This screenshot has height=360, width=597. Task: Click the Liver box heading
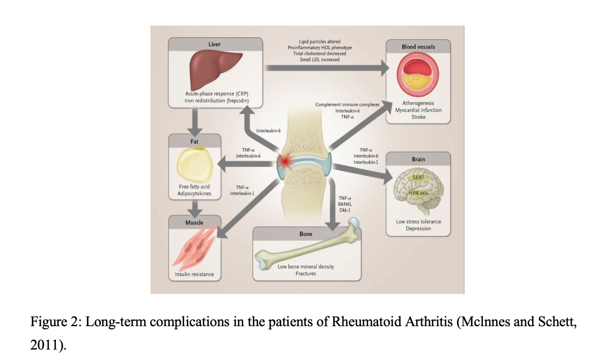pyautogui.click(x=214, y=44)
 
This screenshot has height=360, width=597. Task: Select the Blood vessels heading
pyautogui.click(x=418, y=47)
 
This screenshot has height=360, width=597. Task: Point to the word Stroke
pyautogui.click(x=418, y=117)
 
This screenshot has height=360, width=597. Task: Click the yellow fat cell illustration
pyautogui.click(x=194, y=165)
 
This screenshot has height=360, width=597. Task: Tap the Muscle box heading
pyautogui.click(x=194, y=223)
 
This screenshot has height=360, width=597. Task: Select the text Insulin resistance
pyautogui.click(x=194, y=274)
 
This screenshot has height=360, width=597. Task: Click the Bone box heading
pyautogui.click(x=306, y=234)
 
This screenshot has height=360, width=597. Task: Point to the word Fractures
pyautogui.click(x=306, y=274)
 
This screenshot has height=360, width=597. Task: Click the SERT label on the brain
pyautogui.click(x=418, y=177)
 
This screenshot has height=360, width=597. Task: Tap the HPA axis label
pyautogui.click(x=418, y=193)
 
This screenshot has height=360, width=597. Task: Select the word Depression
pyautogui.click(x=418, y=228)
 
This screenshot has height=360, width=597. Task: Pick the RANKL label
pyautogui.click(x=345, y=204)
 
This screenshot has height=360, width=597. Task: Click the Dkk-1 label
pyautogui.click(x=345, y=210)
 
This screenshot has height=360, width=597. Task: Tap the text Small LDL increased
pyautogui.click(x=320, y=60)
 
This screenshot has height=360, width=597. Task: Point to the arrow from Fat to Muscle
pyautogui.click(x=194, y=208)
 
